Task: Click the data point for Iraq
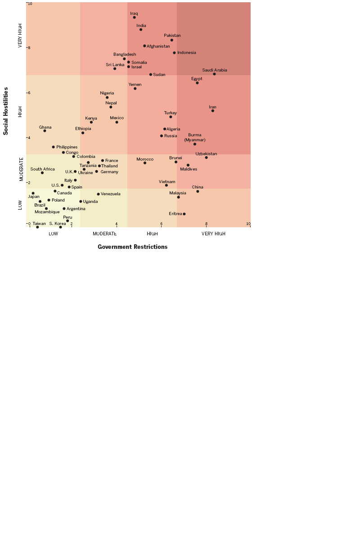pos(134,18)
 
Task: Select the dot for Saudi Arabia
pos(214,74)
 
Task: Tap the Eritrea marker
pos(184,214)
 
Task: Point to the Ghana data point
pos(45,131)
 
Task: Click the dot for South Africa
pos(42,173)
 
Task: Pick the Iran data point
pos(213,111)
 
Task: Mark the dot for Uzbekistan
pos(207,157)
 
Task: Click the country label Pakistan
pos(172,36)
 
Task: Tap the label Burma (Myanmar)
pos(195,137)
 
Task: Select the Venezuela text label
pos(110,194)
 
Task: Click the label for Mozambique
pos(47,212)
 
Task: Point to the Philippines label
pos(67,147)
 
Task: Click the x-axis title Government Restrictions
pos(132,247)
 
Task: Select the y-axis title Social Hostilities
pos(6,111)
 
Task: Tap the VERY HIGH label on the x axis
pos(213,234)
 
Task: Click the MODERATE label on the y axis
pos(21,169)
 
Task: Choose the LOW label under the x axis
pos(53,234)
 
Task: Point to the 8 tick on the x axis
pos(207,224)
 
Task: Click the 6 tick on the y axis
pos(29,93)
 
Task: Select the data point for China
pos(198,191)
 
